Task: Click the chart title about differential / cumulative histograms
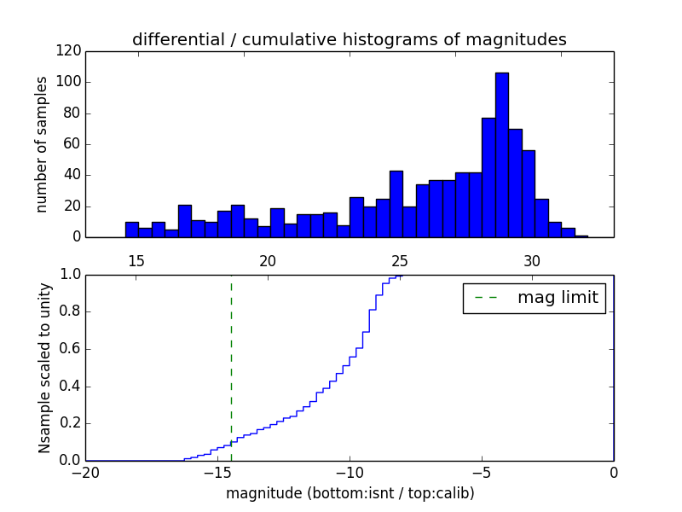pyautogui.click(x=349, y=40)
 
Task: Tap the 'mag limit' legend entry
pyautogui.click(x=535, y=298)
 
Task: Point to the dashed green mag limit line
pyautogui.click(x=231, y=367)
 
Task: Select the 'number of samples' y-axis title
pyautogui.click(x=42, y=144)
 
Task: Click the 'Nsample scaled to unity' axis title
pyautogui.click(x=44, y=367)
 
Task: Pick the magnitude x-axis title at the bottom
pyautogui.click(x=350, y=493)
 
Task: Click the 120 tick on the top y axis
pyautogui.click(x=70, y=51)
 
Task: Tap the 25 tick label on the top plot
pyautogui.click(x=400, y=261)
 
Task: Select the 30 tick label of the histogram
pyautogui.click(x=532, y=261)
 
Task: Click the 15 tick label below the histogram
pyautogui.click(x=136, y=261)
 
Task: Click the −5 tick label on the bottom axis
pyautogui.click(x=482, y=472)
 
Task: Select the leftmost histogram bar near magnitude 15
pyautogui.click(x=131, y=230)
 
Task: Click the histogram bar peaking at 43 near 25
pyautogui.click(x=396, y=204)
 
